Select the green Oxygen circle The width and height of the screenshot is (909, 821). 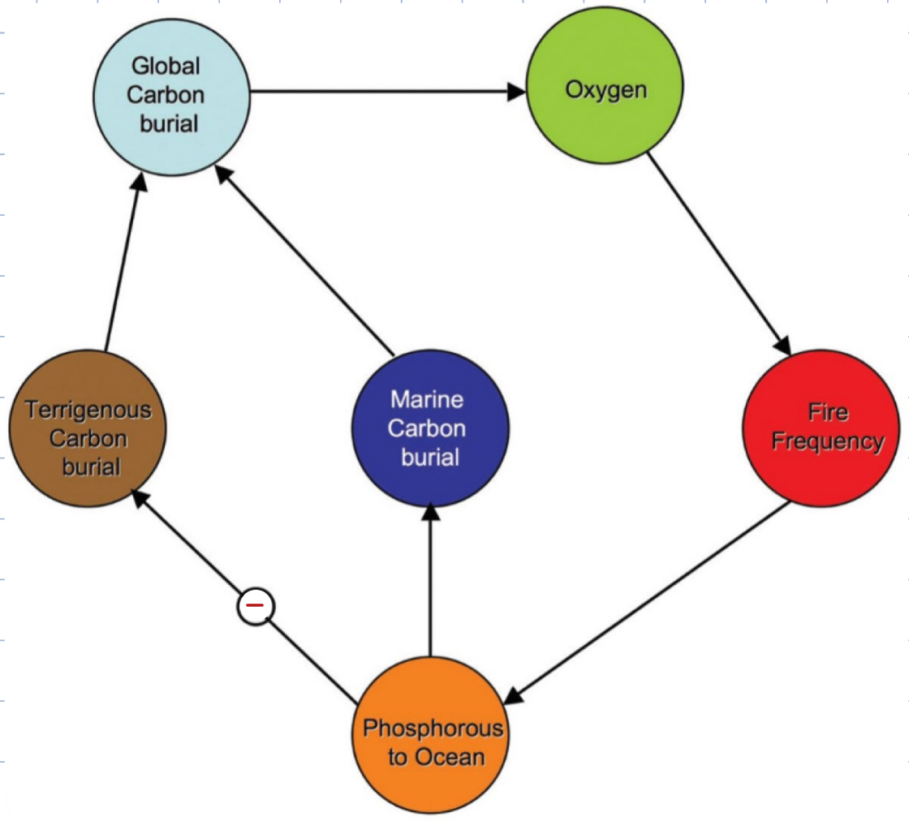click(x=605, y=89)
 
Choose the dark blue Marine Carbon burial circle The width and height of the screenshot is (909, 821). click(x=430, y=430)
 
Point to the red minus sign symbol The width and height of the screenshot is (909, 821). click(x=256, y=606)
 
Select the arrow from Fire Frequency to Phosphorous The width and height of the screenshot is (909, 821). click(x=649, y=600)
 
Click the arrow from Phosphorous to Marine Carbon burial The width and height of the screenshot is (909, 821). click(x=430, y=584)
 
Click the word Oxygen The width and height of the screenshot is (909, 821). click(x=605, y=89)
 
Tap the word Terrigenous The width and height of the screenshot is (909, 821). click(x=88, y=410)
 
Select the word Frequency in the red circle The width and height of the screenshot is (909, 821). click(x=827, y=442)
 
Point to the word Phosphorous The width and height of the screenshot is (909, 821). click(x=433, y=728)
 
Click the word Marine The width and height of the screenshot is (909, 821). click(x=427, y=400)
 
